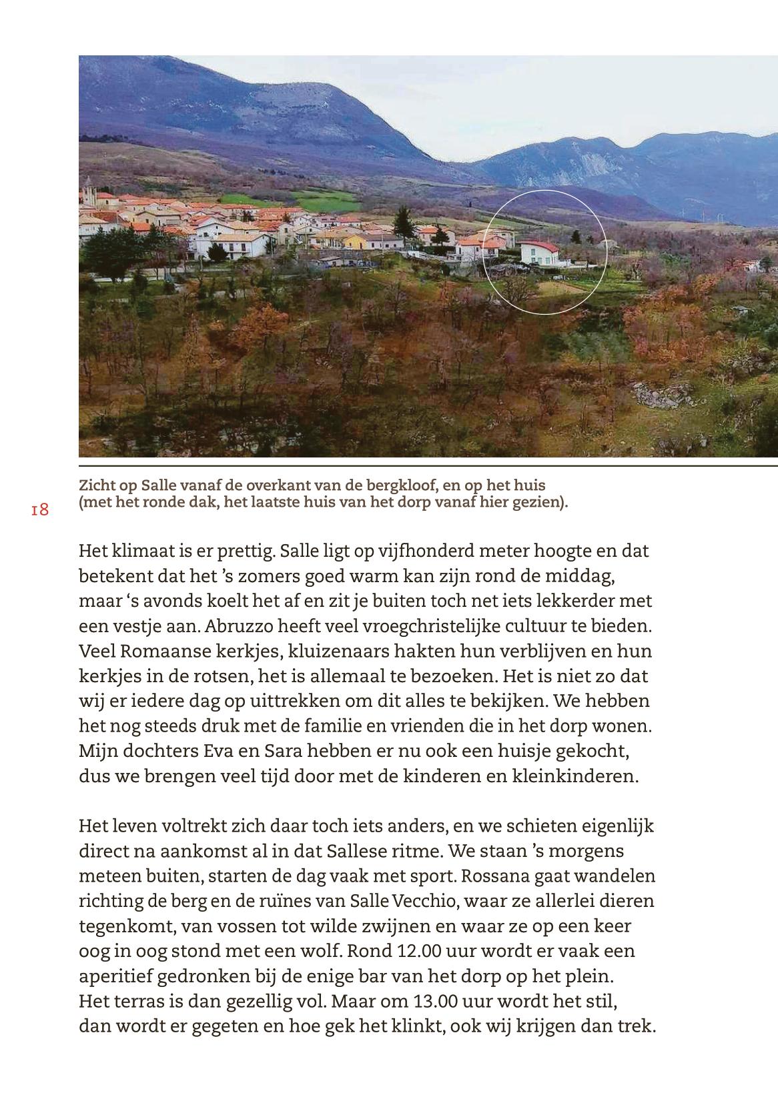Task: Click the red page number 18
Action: pos(40,510)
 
